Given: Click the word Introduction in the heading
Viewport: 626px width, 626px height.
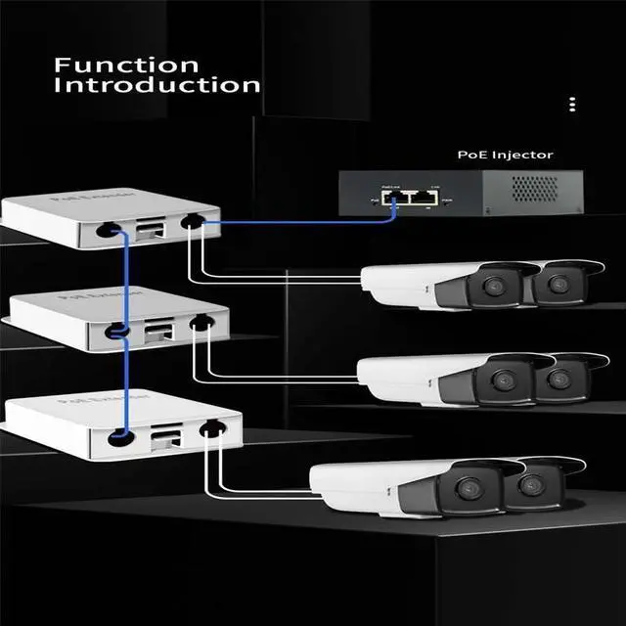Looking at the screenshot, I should click(x=157, y=85).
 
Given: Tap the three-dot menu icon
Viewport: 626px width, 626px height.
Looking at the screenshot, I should click(x=572, y=105).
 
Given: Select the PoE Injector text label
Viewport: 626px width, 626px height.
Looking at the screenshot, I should click(x=505, y=155).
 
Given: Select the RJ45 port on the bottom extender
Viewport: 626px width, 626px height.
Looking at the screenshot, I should click(x=166, y=436).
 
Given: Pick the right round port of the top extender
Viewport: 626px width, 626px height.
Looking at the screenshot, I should click(x=193, y=224).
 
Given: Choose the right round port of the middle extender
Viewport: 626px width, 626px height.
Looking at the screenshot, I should click(x=202, y=323).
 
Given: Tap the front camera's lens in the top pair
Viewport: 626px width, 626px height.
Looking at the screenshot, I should click(x=489, y=288).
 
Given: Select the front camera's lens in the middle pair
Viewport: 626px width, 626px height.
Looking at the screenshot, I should click(x=503, y=380).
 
